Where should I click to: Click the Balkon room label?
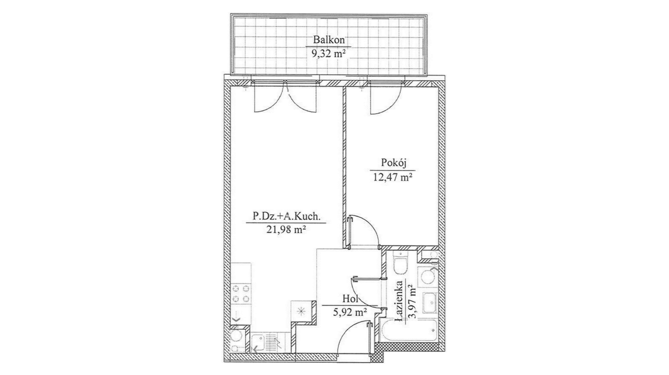click(x=329, y=39)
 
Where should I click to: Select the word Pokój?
click(x=392, y=163)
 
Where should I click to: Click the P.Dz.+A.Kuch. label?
click(x=287, y=216)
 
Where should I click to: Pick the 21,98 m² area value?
click(x=286, y=230)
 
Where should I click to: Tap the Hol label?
click(x=350, y=299)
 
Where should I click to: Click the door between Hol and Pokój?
click(x=362, y=231)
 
